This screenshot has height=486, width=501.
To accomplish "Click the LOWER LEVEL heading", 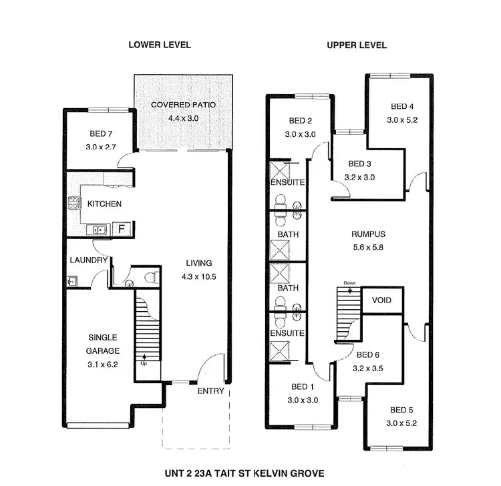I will coord(160,45).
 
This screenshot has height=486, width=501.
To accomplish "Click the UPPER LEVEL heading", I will coord(357,45).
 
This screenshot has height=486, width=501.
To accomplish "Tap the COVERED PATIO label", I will coord(182,105).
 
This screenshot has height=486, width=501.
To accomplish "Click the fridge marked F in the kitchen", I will coord(122,230).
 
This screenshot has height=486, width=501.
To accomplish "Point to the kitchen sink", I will coord(98,230).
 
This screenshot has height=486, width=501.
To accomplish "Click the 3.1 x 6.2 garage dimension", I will coord(103,364).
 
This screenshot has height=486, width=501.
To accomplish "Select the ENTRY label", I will coord(210,391).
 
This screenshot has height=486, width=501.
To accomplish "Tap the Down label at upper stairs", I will coord(349,283).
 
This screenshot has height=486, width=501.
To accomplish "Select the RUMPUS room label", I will coord(369,234).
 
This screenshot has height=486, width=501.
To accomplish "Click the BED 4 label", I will coord(402,107).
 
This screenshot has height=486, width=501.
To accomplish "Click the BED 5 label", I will coord(401,410).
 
